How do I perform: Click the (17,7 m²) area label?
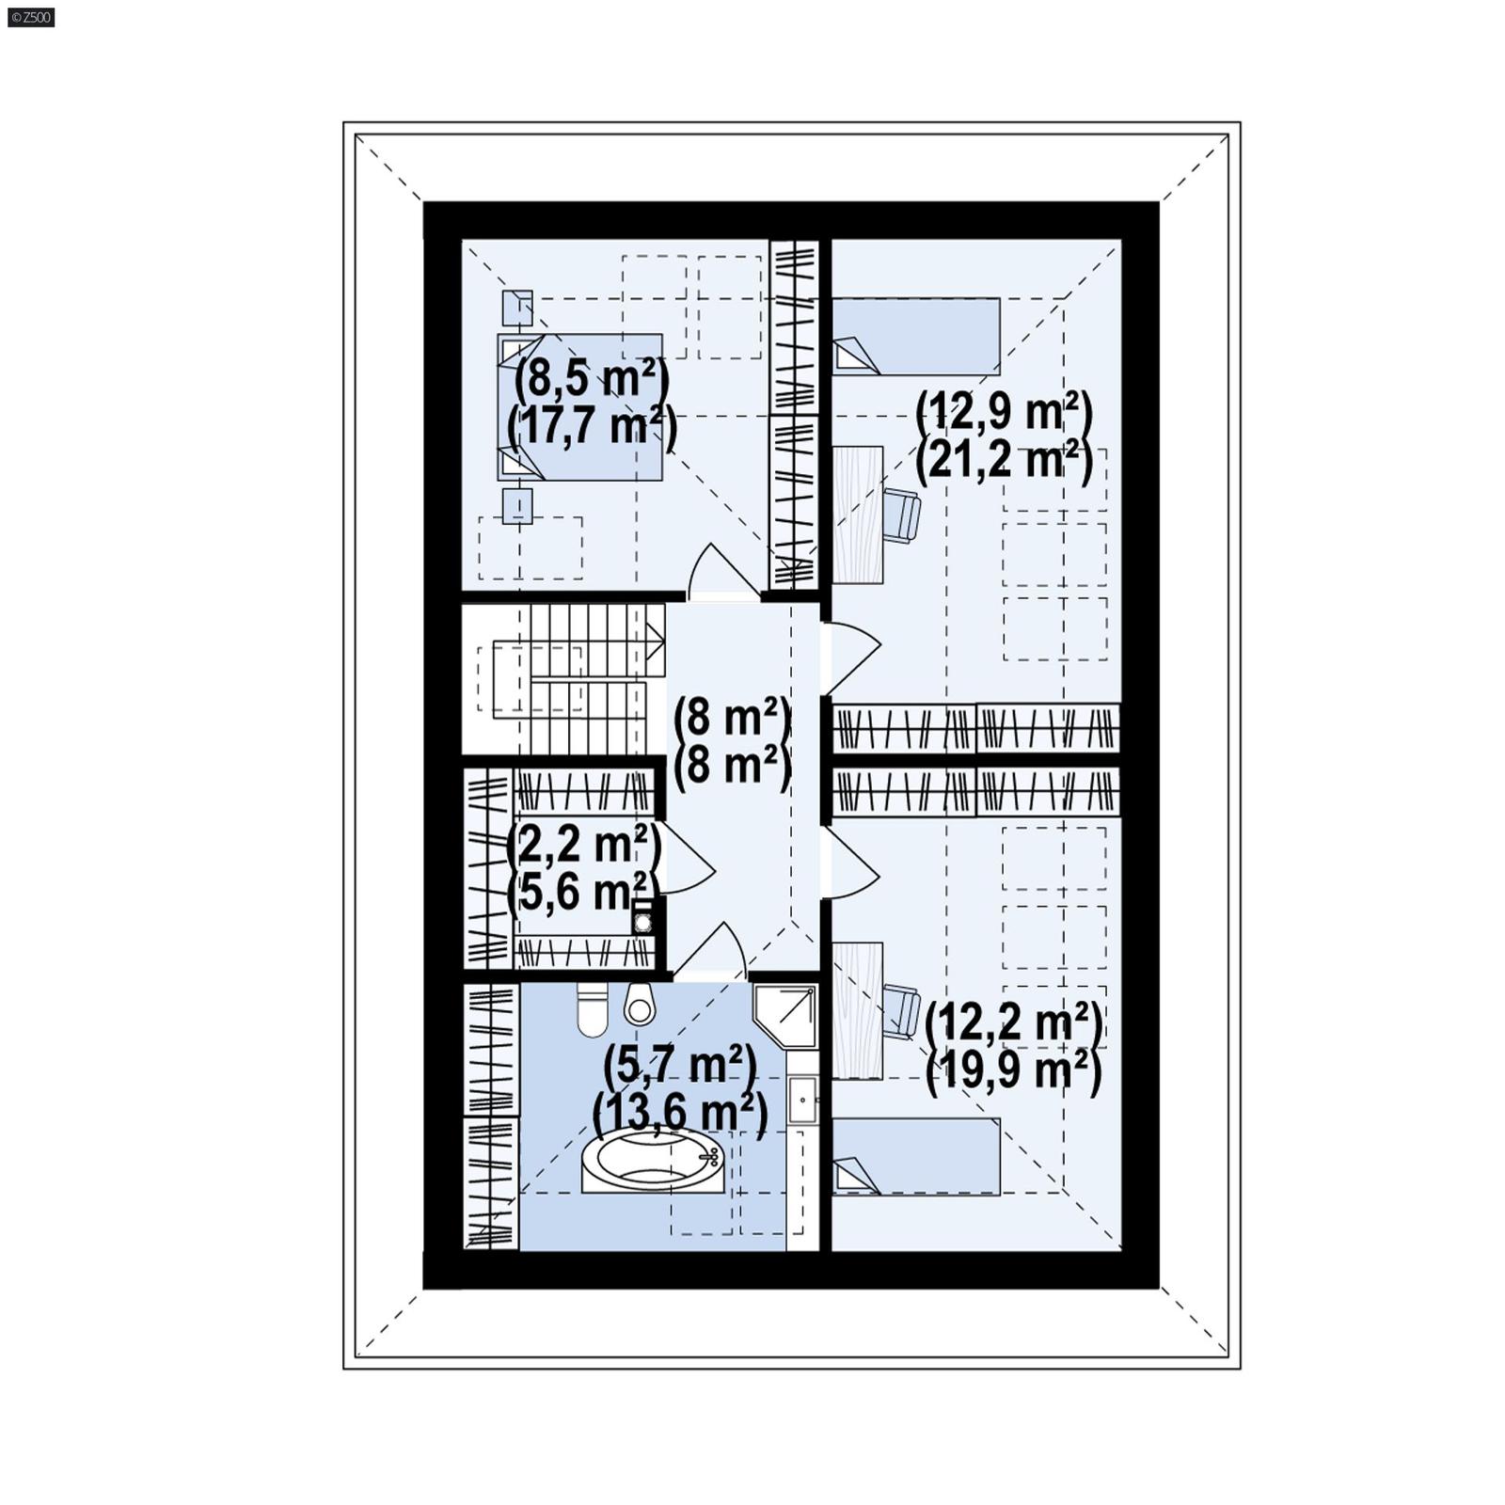click(592, 426)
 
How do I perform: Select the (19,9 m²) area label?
click(1013, 1071)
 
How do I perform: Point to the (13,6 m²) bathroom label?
click(680, 1114)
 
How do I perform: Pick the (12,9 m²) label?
click(1004, 411)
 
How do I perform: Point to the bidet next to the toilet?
click(640, 1006)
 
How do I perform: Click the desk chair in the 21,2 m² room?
click(901, 515)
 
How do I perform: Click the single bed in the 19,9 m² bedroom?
click(916, 1156)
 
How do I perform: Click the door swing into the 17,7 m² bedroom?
click(722, 572)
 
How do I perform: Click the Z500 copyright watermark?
click(30, 17)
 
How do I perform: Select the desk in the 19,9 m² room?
click(857, 1010)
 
